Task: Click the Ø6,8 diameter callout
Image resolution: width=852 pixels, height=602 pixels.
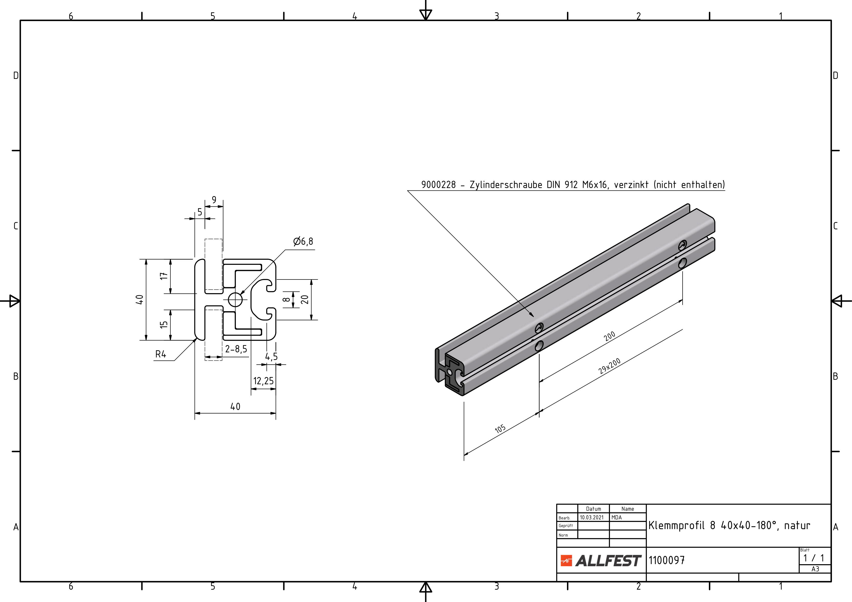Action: point(303,241)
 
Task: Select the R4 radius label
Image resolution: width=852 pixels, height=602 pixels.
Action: point(161,354)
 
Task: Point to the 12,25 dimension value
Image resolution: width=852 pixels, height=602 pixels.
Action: point(263,381)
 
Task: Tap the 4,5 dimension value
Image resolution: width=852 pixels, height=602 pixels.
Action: point(271,356)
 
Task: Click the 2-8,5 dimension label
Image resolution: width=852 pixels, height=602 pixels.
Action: point(236,349)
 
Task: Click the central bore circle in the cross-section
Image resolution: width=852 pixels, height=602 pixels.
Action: point(235,299)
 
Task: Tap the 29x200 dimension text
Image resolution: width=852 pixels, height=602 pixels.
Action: point(609,366)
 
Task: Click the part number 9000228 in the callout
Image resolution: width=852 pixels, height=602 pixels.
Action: point(438,185)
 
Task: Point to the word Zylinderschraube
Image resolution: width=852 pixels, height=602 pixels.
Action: point(506,185)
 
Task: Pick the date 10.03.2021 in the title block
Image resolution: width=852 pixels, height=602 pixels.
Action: point(592,517)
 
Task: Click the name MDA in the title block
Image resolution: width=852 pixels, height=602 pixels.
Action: point(616,517)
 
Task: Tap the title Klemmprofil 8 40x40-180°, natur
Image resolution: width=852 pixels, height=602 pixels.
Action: point(729,526)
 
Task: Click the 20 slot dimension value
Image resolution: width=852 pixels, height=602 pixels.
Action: point(305,299)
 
